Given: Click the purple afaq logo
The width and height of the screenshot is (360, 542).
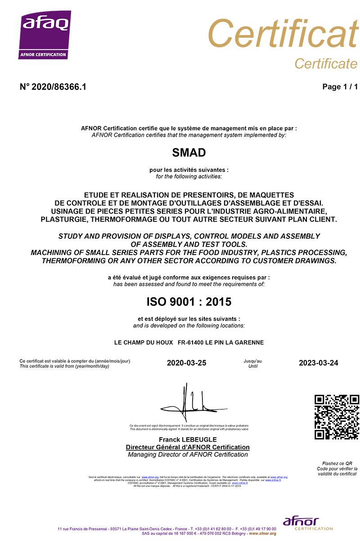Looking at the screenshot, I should click(x=45, y=35).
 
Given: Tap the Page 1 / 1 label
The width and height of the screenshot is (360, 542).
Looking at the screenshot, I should click(x=340, y=87).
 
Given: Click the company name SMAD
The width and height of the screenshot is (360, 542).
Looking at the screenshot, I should click(x=189, y=153).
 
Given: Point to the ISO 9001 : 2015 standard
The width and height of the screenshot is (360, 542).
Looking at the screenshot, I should click(x=189, y=301).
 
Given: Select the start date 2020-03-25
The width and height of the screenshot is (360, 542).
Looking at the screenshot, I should click(x=186, y=363).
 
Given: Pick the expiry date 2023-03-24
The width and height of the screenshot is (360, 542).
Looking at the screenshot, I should click(x=318, y=363).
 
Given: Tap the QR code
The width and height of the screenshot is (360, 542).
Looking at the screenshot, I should click(x=337, y=417).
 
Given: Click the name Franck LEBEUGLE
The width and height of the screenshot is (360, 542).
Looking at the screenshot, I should click(x=188, y=439).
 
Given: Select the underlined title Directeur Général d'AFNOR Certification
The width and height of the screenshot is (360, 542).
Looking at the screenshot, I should click(x=188, y=447).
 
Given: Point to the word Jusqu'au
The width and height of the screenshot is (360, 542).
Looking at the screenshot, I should click(x=252, y=361).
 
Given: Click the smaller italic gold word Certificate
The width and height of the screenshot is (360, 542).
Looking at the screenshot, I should click(x=325, y=64).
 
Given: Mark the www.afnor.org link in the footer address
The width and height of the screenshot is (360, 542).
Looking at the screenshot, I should click(x=262, y=533).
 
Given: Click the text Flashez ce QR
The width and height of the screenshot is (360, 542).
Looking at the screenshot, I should click(x=337, y=463).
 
